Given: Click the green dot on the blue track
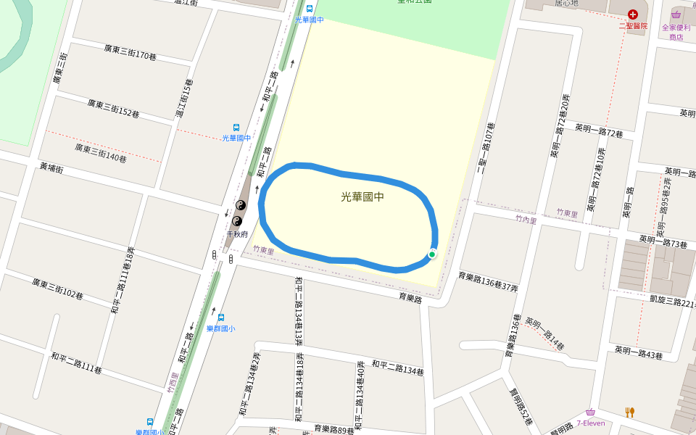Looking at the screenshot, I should coord(432,254).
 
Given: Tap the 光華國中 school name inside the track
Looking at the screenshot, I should coord(362,196).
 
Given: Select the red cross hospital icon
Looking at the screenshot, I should coord(633,14).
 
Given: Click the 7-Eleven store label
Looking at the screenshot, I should coord(591,423).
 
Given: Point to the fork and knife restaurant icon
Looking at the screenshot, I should coord(629,412).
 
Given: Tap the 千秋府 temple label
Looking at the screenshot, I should coord(237,234).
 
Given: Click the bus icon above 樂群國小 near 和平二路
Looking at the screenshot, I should coord(220,318).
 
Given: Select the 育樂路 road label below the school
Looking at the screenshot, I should coord(410,297).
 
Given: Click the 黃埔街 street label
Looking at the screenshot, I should coord(51,168).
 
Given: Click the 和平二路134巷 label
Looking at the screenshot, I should coord(397,368).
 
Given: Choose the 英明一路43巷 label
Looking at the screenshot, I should coord(639,353).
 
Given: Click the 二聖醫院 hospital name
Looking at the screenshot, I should coord(632,25).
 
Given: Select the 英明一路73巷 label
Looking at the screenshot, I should coord(663,241).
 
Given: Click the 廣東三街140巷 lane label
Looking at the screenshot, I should coord(100,152).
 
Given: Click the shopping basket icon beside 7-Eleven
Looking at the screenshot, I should coord(591,412).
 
